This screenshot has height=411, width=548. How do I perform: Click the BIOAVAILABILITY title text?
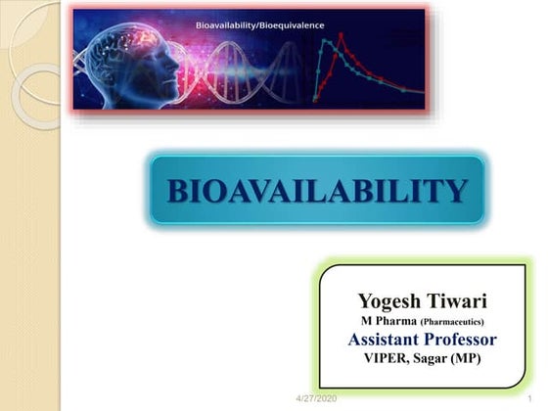tap(317, 190)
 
